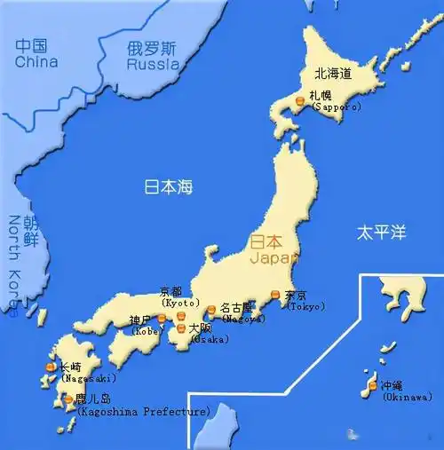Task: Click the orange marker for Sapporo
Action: point(301,103)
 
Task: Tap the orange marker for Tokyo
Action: point(275,295)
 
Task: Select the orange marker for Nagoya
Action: point(211,310)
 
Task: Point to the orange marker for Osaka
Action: point(181,328)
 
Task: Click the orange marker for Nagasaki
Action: point(51,367)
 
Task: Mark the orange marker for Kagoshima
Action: point(69,400)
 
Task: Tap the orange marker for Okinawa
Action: point(371,386)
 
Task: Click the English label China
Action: point(36,62)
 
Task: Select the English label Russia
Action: point(153,65)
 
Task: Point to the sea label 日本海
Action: point(169,187)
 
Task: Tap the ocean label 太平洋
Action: point(381,233)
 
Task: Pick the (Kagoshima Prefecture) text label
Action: point(145,412)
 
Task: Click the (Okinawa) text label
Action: point(408,397)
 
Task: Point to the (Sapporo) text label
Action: point(335,106)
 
